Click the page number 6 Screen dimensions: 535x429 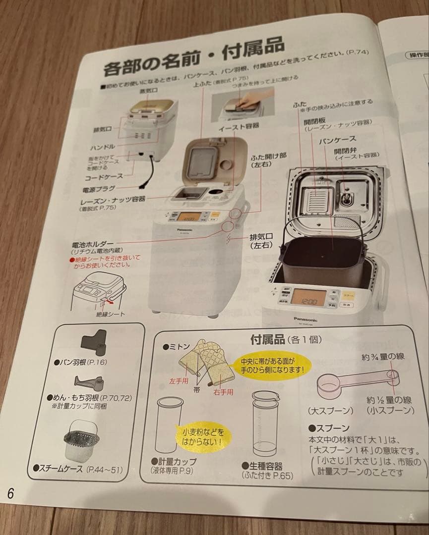pos(10,493)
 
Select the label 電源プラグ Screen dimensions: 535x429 pos(99,189)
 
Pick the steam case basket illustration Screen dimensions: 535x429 pos(80,440)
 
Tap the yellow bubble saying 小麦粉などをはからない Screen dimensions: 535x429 pos(202,435)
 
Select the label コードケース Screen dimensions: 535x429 pos(102,175)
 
